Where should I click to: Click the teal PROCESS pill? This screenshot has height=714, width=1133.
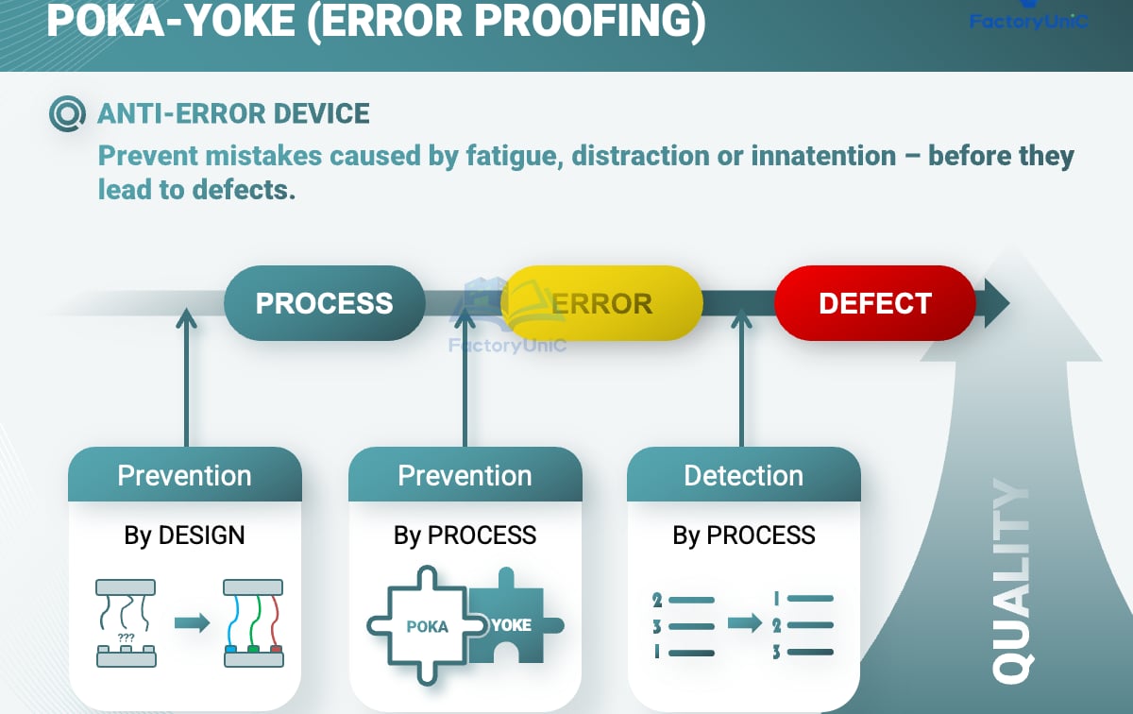tap(324, 303)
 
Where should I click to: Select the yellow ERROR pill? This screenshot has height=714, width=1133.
tap(602, 303)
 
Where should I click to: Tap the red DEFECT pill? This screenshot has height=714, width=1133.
tap(874, 303)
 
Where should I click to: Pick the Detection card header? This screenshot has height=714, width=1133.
tap(743, 475)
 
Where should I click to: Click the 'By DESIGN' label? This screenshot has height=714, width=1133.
tap(184, 535)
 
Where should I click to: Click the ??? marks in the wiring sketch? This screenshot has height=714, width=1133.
tap(126, 637)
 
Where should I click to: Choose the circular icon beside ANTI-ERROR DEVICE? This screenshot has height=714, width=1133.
tap(67, 115)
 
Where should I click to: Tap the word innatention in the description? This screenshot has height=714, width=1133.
tap(823, 155)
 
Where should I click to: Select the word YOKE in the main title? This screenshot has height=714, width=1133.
tap(247, 21)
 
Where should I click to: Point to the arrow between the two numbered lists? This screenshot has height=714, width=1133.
tap(744, 624)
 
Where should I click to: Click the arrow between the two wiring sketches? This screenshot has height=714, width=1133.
tap(192, 623)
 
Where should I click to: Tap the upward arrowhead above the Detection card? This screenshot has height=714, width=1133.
tap(741, 319)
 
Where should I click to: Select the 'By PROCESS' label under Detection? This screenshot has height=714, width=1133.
tap(743, 535)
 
